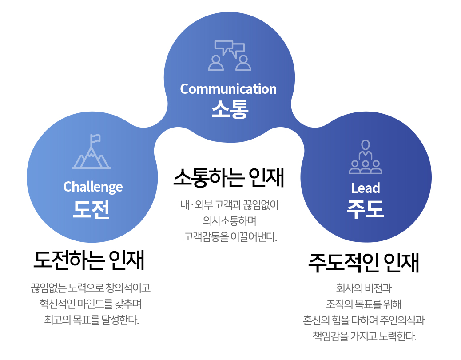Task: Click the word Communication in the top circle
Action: click(228, 89)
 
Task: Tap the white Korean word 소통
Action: click(230, 109)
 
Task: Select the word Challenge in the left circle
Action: click(93, 187)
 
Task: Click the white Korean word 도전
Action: click(91, 209)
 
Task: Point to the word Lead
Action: click(366, 188)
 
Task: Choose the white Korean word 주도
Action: click(366, 209)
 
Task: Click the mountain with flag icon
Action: click(91, 151)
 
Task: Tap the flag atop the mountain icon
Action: click(95, 139)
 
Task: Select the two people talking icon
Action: click(230, 55)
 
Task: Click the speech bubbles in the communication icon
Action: click(230, 48)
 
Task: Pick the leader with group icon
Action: click(366, 157)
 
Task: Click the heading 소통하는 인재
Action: click(229, 178)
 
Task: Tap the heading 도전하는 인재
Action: click(89, 260)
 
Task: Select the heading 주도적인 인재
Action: click(364, 262)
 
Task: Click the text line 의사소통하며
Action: click(230, 220)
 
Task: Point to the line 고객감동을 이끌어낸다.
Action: click(230, 236)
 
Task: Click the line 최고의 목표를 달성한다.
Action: click(91, 320)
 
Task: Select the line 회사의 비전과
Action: click(364, 288)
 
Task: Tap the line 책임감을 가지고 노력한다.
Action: click(365, 336)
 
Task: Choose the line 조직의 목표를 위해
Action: click(364, 304)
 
